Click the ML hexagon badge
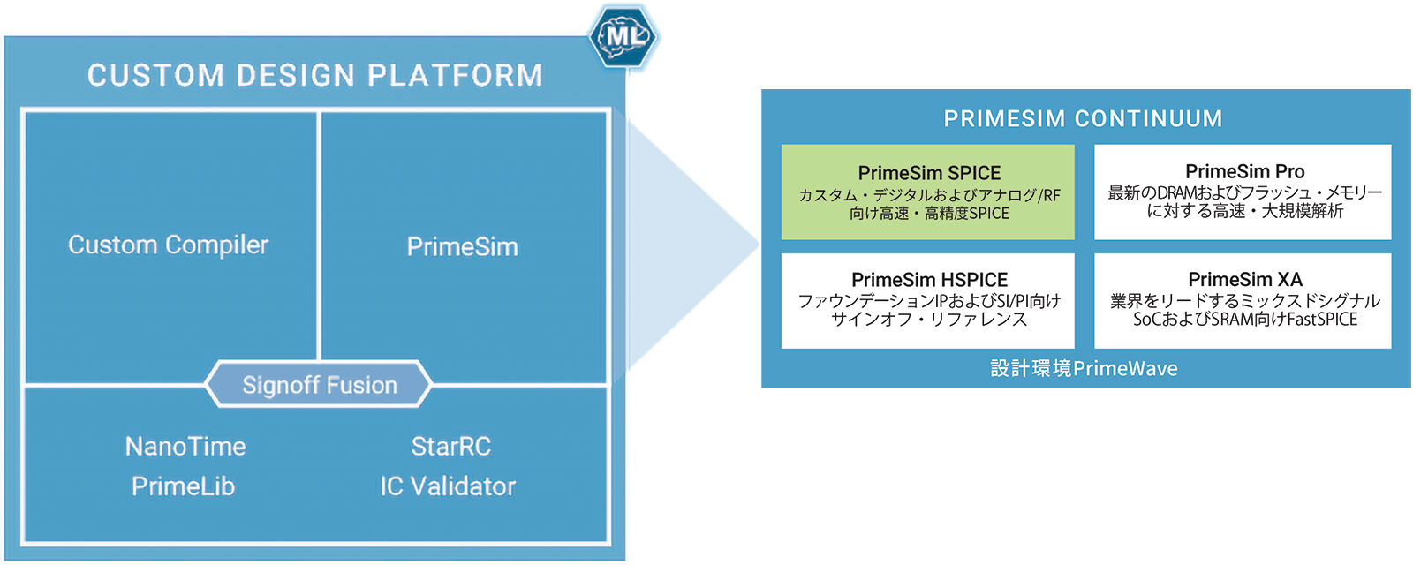(x=623, y=36)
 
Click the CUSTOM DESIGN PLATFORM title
(x=314, y=75)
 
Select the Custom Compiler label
(x=168, y=245)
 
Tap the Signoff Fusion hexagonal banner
(x=319, y=385)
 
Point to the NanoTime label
(x=185, y=446)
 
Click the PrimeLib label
(x=183, y=486)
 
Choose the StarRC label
(x=450, y=446)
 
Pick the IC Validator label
(x=448, y=486)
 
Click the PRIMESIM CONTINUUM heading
(x=1083, y=118)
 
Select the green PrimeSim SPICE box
(x=927, y=192)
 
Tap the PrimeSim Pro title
(x=1244, y=171)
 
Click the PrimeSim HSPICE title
(x=929, y=279)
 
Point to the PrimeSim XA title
(x=1244, y=279)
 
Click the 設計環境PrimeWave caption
(x=1084, y=368)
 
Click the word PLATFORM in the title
(x=455, y=75)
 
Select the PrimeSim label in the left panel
(x=462, y=246)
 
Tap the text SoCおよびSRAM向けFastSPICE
(x=1245, y=320)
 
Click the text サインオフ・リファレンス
(x=929, y=320)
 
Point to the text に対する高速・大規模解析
(x=1244, y=211)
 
